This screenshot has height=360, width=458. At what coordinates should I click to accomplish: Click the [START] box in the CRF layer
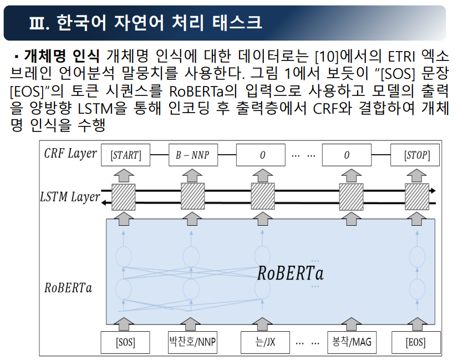(x=125, y=155)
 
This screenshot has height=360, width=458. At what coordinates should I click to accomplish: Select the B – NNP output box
(x=192, y=155)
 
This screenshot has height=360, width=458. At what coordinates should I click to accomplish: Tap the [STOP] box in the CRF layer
(x=418, y=155)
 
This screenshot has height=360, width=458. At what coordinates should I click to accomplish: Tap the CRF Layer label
(x=70, y=154)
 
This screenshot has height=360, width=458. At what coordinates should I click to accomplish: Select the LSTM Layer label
(x=70, y=197)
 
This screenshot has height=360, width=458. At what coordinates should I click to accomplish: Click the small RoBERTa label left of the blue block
(x=68, y=288)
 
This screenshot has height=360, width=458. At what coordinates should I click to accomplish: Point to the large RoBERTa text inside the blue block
(x=290, y=273)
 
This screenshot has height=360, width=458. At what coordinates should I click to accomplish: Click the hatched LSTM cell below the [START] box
(x=123, y=197)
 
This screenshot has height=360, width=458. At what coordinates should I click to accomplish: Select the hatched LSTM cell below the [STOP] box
(x=416, y=197)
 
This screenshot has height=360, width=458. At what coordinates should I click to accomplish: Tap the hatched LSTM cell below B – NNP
(x=192, y=197)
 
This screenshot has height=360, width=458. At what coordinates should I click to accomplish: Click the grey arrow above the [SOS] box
(x=125, y=323)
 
